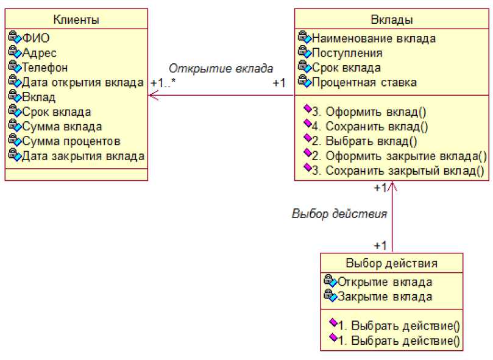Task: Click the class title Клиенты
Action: (76, 19)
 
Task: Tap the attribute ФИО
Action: (36, 38)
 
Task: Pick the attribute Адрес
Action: (39, 53)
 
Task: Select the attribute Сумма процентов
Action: (71, 141)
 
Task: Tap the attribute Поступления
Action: (347, 53)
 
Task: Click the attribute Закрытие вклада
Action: (385, 297)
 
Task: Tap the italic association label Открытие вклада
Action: (221, 68)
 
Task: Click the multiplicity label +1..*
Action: (163, 82)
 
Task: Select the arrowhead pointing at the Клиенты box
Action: (152, 96)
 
